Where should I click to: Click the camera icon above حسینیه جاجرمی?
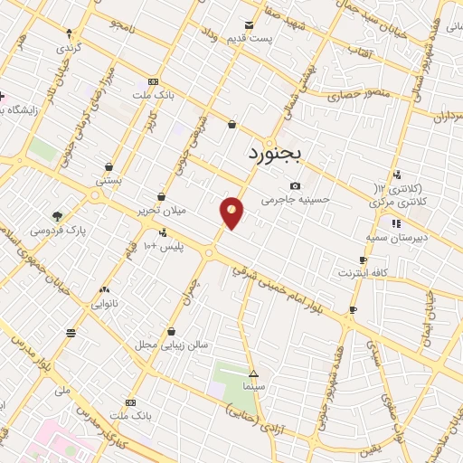coord(296,185)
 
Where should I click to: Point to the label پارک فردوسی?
coord(57,231)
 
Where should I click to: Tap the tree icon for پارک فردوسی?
coord(57,216)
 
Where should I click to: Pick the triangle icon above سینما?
coord(253,373)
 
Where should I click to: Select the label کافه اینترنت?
coord(363,272)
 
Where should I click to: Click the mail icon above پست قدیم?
coord(250,24)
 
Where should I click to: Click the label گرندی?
coord(69,45)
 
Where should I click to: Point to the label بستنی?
coord(109,181)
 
